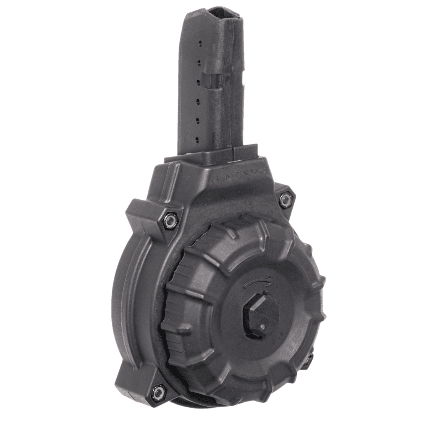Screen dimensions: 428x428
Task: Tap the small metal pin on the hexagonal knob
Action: (263, 327)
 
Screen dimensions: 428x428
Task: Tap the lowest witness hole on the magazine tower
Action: (196, 139)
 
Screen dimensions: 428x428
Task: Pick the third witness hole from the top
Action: (199, 81)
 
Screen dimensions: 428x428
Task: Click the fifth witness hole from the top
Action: (197, 120)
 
